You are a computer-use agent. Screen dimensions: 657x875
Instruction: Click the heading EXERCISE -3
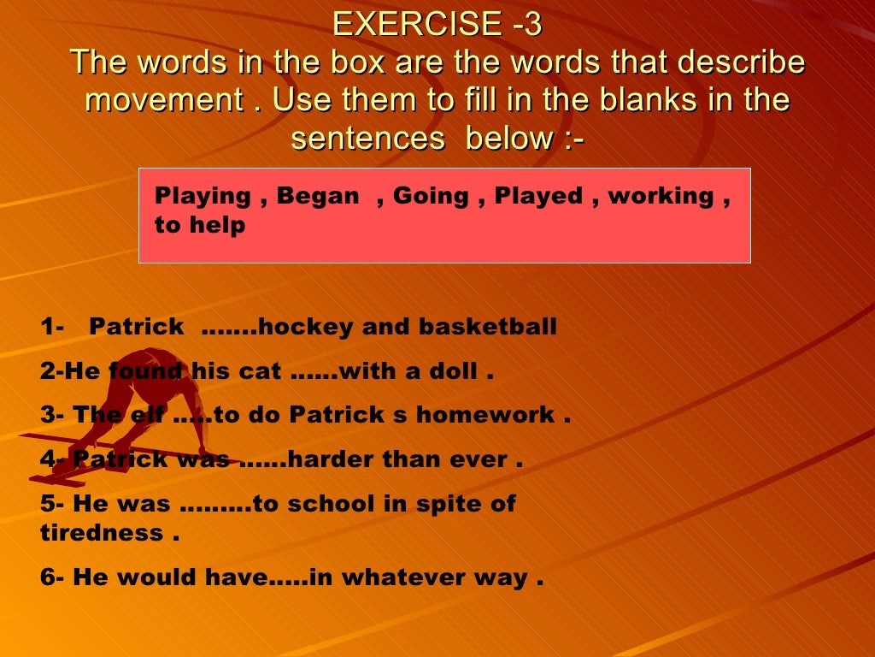437,24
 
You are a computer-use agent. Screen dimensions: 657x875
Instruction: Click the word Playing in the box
203,196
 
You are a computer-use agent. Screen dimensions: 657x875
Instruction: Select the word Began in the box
318,196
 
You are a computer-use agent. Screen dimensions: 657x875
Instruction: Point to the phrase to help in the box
200,225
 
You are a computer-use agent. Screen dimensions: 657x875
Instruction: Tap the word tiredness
102,533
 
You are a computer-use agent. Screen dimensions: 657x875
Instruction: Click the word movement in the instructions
164,100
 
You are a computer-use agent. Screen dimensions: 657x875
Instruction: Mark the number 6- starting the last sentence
53,577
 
